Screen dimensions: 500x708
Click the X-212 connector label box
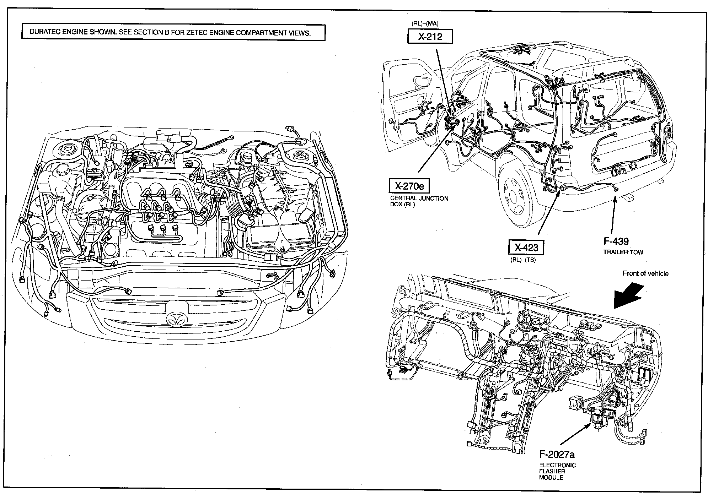coord(430,37)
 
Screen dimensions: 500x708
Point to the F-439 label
coord(616,241)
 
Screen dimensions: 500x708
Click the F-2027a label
coord(557,454)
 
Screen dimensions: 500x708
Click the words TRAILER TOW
coord(623,252)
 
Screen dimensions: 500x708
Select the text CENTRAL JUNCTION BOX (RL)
coord(419,201)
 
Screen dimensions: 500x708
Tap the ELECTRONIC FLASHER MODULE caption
coord(557,471)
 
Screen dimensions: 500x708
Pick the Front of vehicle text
coord(645,273)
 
